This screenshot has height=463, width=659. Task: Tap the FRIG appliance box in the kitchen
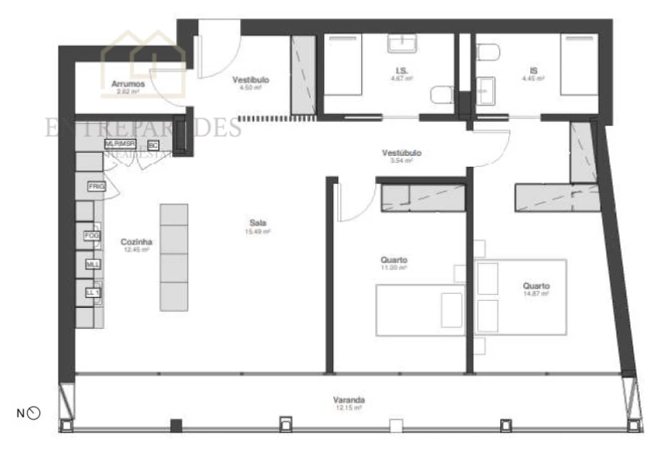96,187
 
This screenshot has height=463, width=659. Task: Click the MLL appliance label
93,264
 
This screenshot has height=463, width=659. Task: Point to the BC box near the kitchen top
153,145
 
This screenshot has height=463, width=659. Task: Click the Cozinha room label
135,242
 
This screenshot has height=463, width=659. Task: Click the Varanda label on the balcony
348,400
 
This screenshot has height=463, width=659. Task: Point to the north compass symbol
33,414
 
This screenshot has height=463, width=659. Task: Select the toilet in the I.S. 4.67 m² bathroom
441,96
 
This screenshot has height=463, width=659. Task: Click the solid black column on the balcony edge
176,425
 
